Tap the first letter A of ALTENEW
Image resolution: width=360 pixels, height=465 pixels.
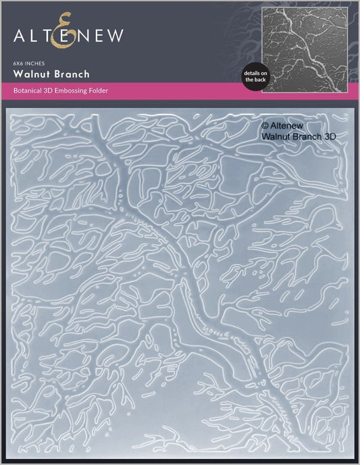point(20,33)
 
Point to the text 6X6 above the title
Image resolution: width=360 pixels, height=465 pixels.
point(19,62)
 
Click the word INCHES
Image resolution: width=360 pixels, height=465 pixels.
point(35,62)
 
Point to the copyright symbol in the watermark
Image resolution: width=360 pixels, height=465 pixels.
point(264,124)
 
